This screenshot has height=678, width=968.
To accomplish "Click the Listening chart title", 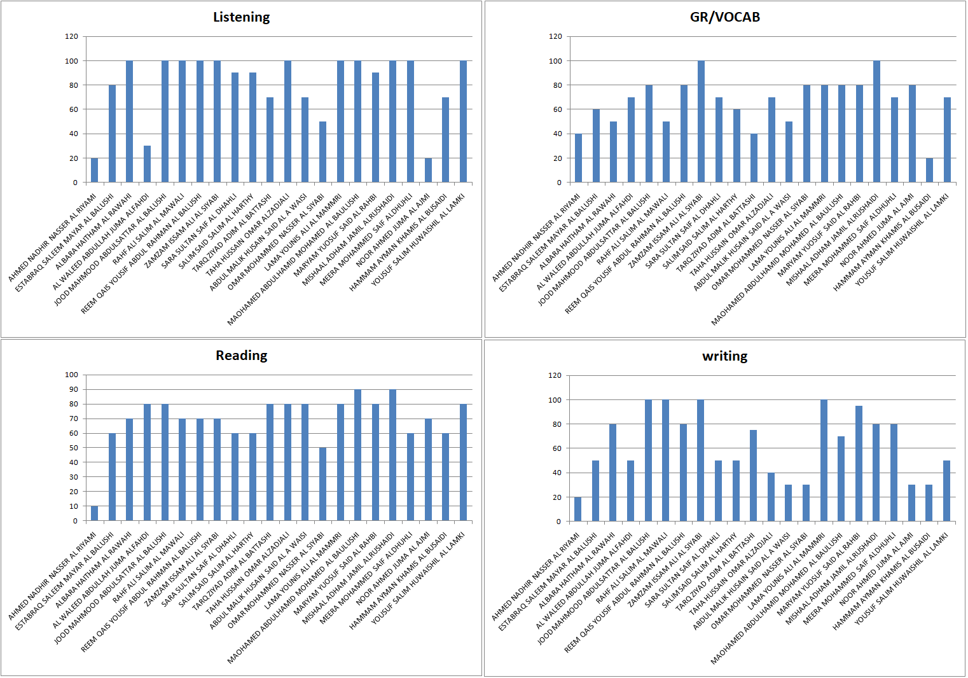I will click(x=241, y=17).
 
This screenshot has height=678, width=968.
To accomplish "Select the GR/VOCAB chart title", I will click(x=724, y=17).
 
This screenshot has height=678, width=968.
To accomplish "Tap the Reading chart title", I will click(x=241, y=356).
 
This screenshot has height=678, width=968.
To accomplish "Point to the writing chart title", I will click(x=724, y=356).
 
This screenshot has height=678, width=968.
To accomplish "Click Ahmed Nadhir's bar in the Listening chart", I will click(x=95, y=170).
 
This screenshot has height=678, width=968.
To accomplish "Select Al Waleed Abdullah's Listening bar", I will click(x=148, y=164).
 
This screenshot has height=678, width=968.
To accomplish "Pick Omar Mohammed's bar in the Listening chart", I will click(x=323, y=152).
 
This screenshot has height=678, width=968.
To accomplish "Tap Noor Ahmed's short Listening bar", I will click(x=428, y=170).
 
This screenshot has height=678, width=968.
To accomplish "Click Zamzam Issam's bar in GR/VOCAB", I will click(x=702, y=121).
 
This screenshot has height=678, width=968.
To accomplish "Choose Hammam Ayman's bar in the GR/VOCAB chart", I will click(x=929, y=170).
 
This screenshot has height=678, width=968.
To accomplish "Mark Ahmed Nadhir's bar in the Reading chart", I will click(x=95, y=514).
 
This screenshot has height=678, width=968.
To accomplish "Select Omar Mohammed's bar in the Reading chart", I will click(x=323, y=484).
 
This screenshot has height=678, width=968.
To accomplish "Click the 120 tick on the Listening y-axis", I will click(x=71, y=36).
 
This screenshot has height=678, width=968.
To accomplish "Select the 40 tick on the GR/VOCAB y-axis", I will click(x=558, y=134).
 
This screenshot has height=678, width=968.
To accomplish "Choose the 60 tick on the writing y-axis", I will click(x=557, y=448).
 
